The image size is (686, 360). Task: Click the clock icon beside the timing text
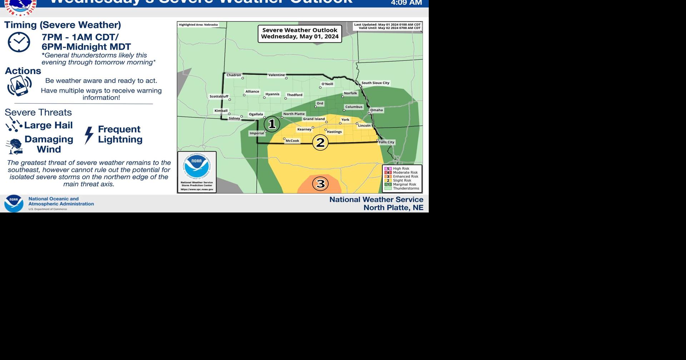19,42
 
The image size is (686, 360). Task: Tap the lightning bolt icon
89,135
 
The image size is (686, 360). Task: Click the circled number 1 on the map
272,124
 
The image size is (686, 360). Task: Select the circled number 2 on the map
320,142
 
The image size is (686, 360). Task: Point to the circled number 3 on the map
320,184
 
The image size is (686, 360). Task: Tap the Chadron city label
234,75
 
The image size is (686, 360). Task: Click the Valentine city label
277,75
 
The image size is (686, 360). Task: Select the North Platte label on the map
294,114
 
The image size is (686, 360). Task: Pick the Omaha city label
376,110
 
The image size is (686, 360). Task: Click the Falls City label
386,142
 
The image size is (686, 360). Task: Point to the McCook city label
292,141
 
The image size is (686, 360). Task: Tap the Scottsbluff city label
219,96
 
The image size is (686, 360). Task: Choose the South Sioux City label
375,83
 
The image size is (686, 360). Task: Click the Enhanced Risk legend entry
405,176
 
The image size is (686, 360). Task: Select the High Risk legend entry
401,169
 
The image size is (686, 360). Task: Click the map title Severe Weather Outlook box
300,33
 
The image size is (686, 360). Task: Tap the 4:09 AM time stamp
406,3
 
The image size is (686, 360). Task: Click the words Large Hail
48,125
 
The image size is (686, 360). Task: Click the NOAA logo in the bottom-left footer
14,203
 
